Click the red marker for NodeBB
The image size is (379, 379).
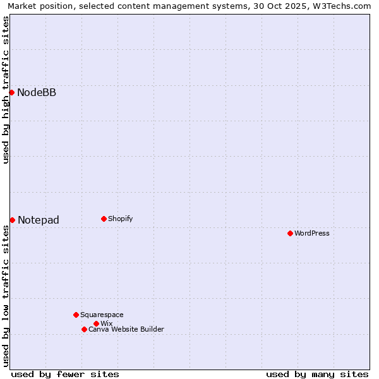click(x=11, y=93)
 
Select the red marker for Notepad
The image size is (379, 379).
click(x=12, y=220)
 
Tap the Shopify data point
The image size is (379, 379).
click(x=104, y=219)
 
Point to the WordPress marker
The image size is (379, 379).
click(x=290, y=233)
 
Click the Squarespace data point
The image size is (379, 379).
click(x=76, y=315)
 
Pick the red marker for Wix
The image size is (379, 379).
click(x=96, y=323)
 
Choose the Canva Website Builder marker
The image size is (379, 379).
click(x=84, y=329)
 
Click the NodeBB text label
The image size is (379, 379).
click(x=37, y=93)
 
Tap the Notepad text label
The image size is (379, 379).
click(x=39, y=220)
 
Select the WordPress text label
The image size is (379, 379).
click(x=312, y=233)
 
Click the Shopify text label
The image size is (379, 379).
click(x=121, y=219)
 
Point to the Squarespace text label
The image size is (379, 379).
click(x=102, y=315)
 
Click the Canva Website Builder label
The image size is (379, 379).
click(x=126, y=329)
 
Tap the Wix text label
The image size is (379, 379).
click(x=107, y=323)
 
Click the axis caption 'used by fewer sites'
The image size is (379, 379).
click(x=65, y=374)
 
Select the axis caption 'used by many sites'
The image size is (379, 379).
click(x=317, y=374)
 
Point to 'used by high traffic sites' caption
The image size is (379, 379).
click(x=6, y=90)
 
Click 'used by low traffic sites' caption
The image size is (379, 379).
click(x=6, y=296)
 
